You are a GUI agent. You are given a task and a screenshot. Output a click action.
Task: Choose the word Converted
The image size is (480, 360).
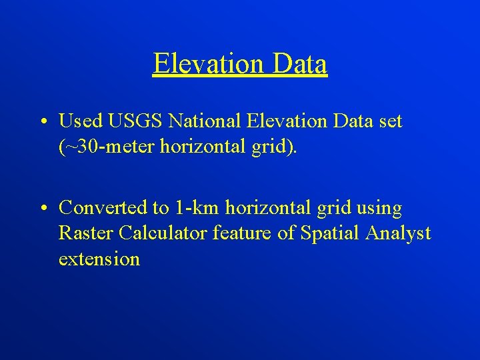(x=105, y=208)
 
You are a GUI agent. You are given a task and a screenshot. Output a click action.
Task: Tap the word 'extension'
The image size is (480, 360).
(x=99, y=259)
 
